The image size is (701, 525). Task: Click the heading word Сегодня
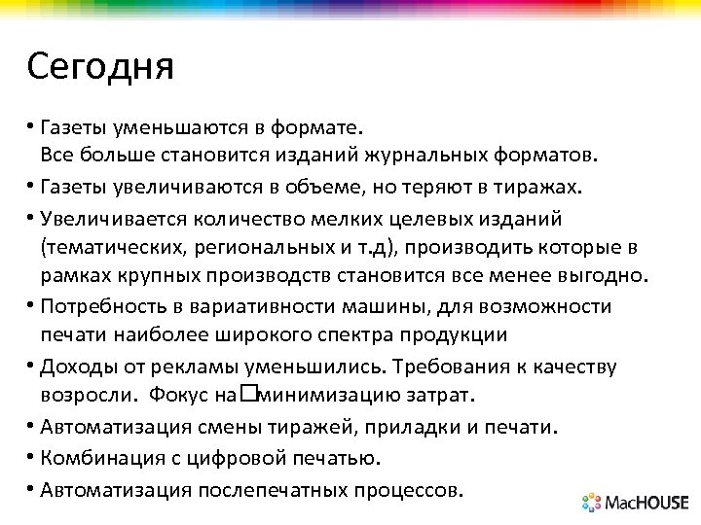point(100,67)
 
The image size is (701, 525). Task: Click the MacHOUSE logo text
point(647,503)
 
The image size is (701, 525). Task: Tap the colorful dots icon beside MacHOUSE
point(593,503)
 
